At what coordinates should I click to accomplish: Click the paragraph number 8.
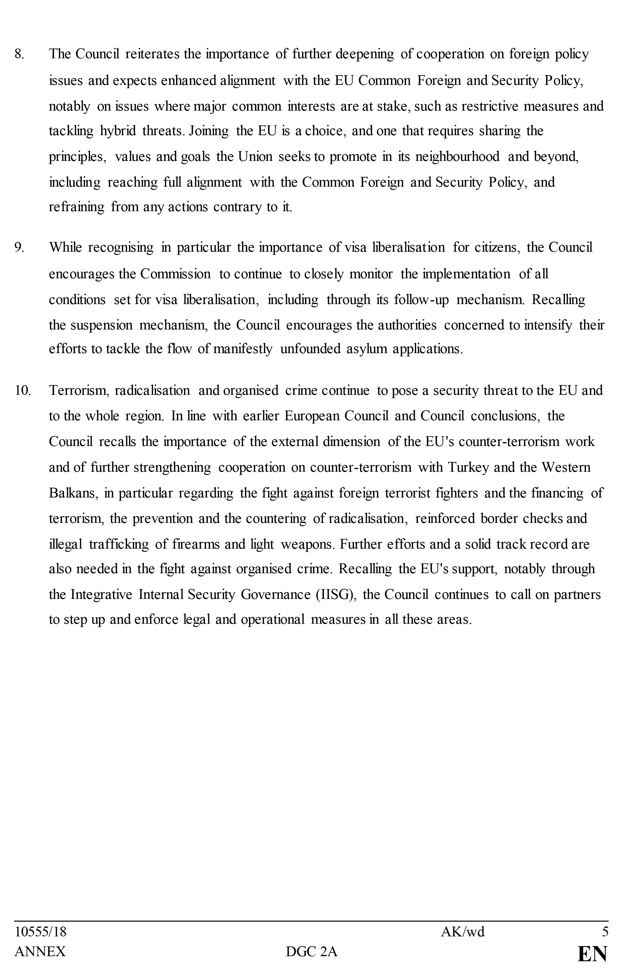(19, 54)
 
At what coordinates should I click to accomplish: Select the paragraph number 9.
(19, 248)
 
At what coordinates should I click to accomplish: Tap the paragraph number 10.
(23, 391)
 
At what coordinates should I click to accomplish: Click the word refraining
(77, 207)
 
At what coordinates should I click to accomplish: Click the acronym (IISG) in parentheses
(337, 595)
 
